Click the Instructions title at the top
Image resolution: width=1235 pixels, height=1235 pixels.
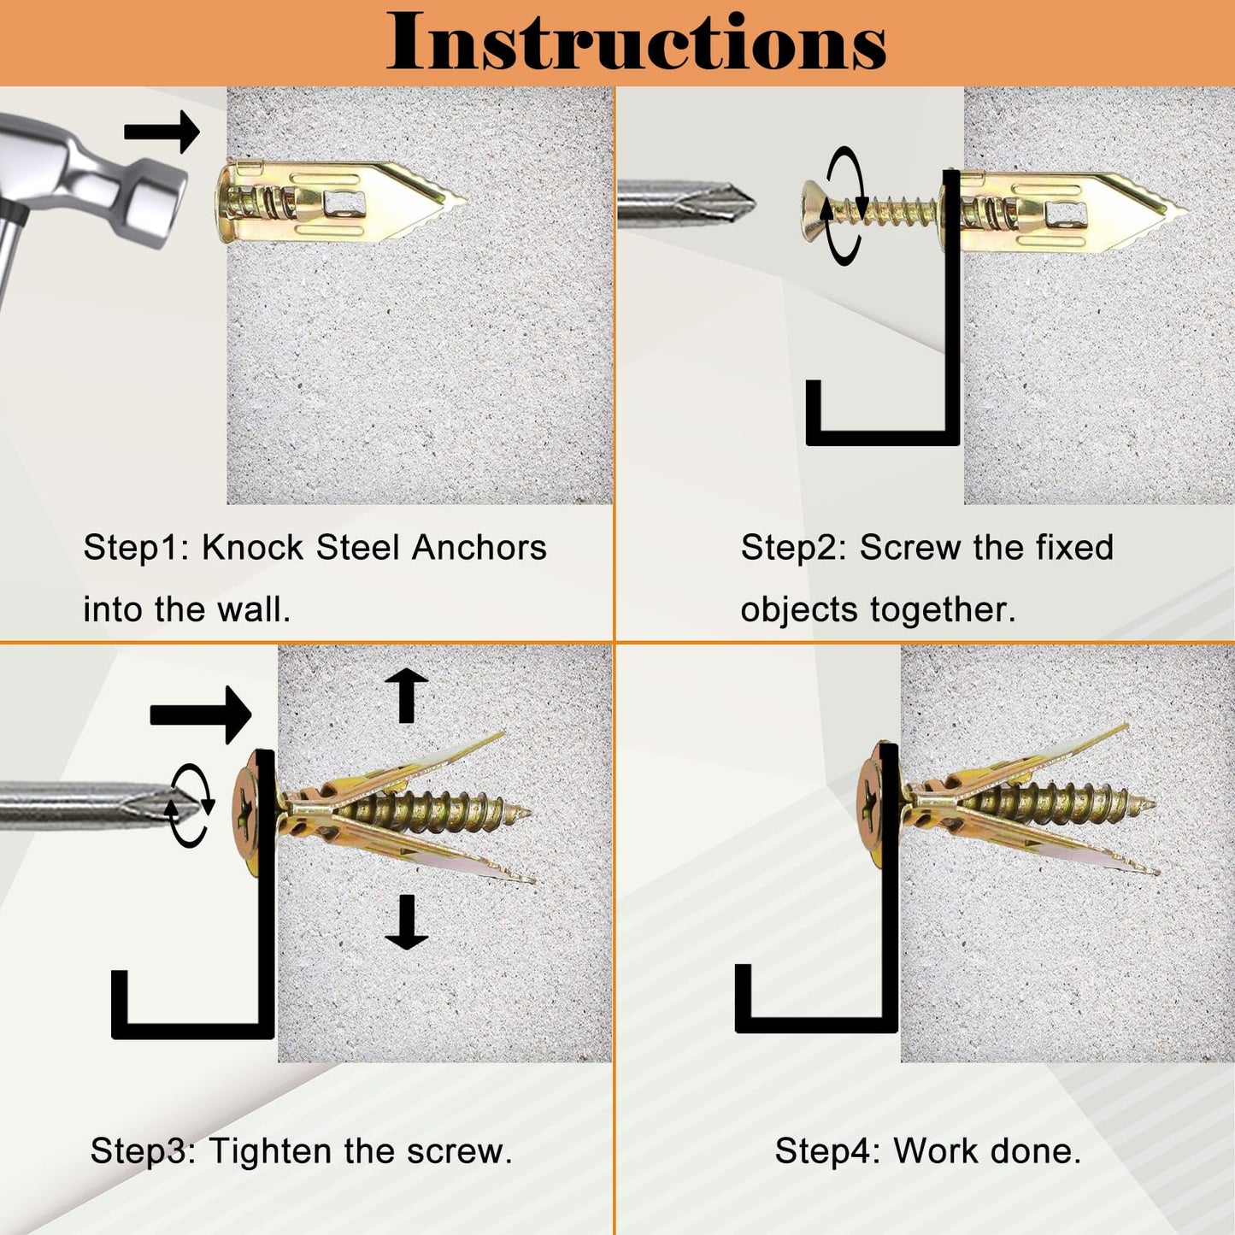tap(637, 43)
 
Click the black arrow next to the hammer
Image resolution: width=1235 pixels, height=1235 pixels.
tap(162, 132)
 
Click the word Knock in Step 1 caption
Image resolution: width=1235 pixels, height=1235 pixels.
tap(252, 548)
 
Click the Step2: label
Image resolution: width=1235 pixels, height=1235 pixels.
tap(793, 548)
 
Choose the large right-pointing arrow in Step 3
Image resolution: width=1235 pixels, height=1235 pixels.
tap(201, 715)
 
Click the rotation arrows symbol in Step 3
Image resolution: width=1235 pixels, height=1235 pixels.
tap(190, 806)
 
